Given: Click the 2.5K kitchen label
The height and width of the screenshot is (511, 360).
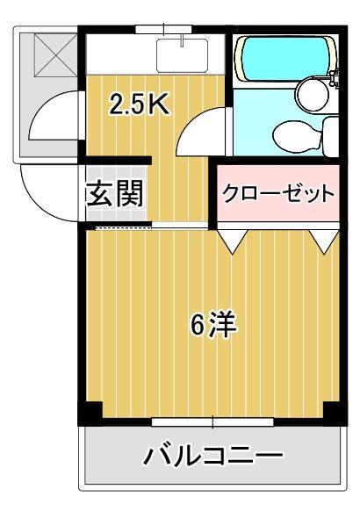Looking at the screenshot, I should coord(138,104).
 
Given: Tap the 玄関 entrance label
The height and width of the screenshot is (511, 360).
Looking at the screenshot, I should coord(114,192).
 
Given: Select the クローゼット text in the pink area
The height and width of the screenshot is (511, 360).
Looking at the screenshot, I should coord(277,193).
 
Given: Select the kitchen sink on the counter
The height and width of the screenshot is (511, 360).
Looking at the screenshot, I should coord(183,54).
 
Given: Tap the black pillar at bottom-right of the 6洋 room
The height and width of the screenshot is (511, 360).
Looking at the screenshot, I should coord(331,411).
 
